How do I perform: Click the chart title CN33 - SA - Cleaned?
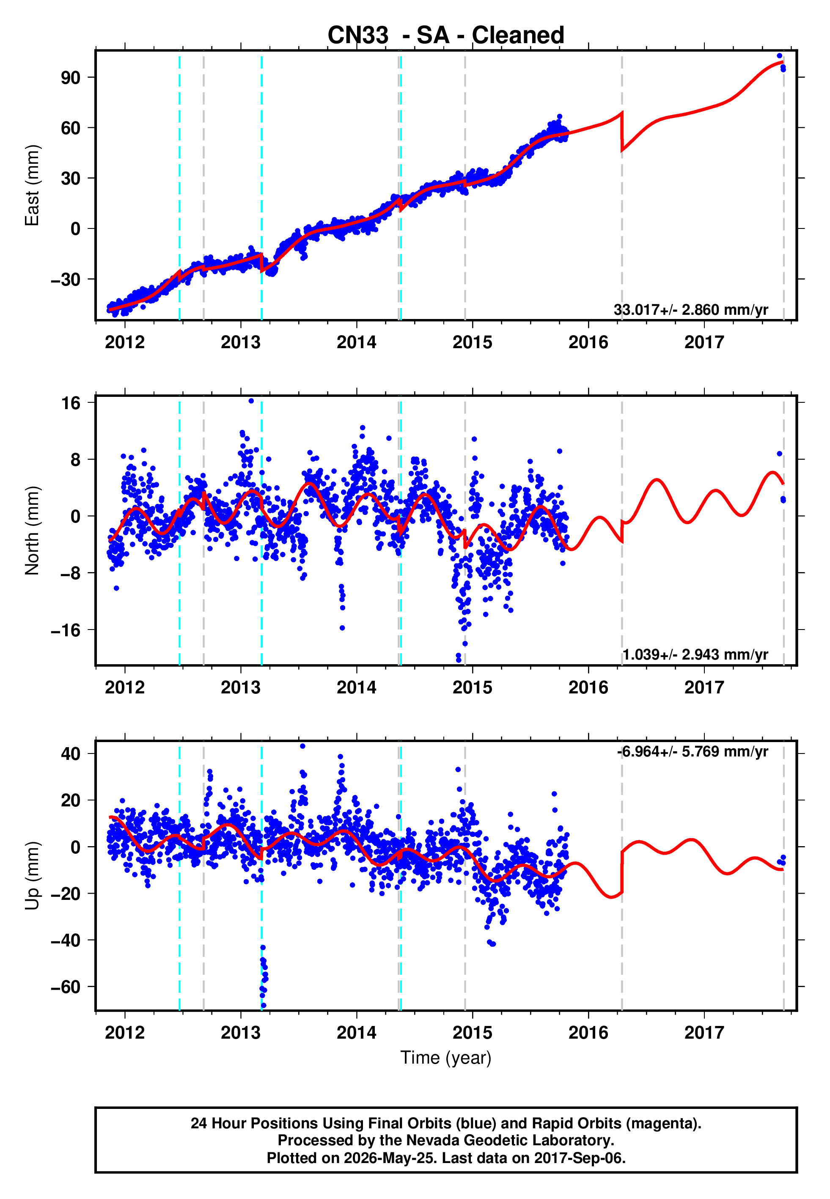coord(446,36)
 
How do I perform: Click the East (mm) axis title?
coord(32,185)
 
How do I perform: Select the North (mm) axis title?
coord(32,531)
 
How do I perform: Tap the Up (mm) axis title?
coord(32,876)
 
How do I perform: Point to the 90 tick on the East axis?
coord(71,77)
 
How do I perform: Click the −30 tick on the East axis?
coord(66,279)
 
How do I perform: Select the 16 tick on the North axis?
coord(71,403)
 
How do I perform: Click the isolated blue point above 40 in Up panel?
coord(302,746)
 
